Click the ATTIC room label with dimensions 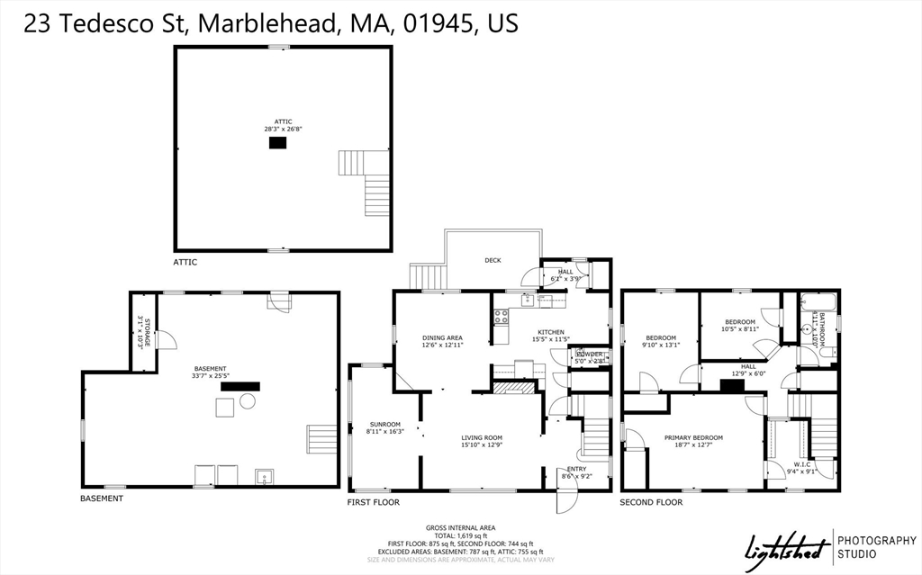pyautogui.click(x=283, y=125)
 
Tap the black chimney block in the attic pyautogui.click(x=277, y=141)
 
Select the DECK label pyautogui.click(x=493, y=260)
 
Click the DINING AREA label pyautogui.click(x=442, y=341)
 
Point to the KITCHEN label pyautogui.click(x=551, y=335)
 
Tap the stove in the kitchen pyautogui.click(x=502, y=316)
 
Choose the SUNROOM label pyautogui.click(x=384, y=427)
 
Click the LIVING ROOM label pyautogui.click(x=483, y=440)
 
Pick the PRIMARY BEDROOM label pyautogui.click(x=693, y=441)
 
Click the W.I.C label pyautogui.click(x=802, y=468)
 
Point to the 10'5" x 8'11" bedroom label pyautogui.click(x=740, y=325)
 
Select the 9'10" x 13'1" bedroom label pyautogui.click(x=660, y=341)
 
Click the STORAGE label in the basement pyautogui.click(x=140, y=332)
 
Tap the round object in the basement pyautogui.click(x=248, y=401)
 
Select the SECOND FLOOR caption pyautogui.click(x=650, y=502)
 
